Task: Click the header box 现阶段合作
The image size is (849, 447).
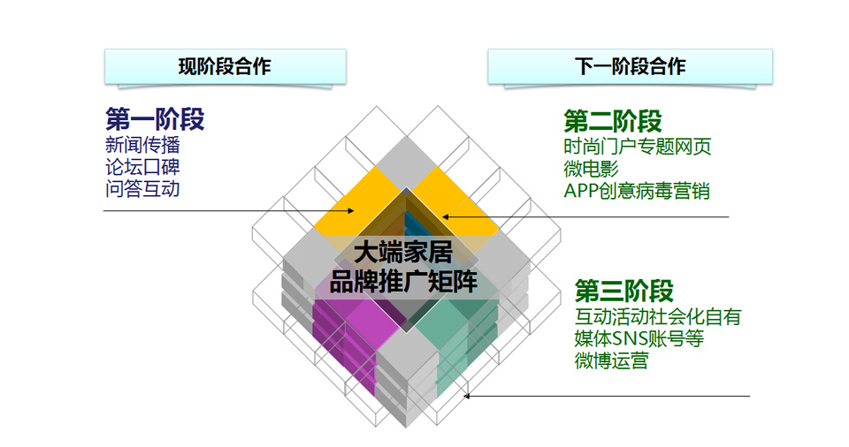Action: pos(226,66)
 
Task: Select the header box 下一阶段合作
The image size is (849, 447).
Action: pos(631,66)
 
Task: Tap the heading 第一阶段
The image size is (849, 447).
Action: pos(155,119)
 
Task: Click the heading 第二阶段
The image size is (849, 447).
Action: pos(613,121)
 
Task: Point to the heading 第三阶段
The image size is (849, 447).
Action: pos(624,292)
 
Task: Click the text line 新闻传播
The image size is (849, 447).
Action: pos(142,145)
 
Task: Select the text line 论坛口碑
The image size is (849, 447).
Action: pos(142,167)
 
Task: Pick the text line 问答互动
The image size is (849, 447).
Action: pos(142,189)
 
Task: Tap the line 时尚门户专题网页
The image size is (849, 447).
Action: pos(638,147)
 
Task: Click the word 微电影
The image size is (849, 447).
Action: pos(592,169)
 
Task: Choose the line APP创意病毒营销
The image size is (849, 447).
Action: pos(637,191)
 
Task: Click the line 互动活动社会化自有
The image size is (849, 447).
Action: pos(658,316)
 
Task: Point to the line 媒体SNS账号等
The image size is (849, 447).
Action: pos(639,338)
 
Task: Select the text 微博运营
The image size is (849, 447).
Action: pos(612,361)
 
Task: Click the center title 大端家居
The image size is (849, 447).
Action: pos(403,252)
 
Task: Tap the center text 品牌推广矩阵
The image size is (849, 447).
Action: pos(403,282)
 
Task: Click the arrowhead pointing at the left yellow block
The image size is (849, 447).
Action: pos(351,210)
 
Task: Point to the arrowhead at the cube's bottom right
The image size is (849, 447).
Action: pos(466,396)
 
